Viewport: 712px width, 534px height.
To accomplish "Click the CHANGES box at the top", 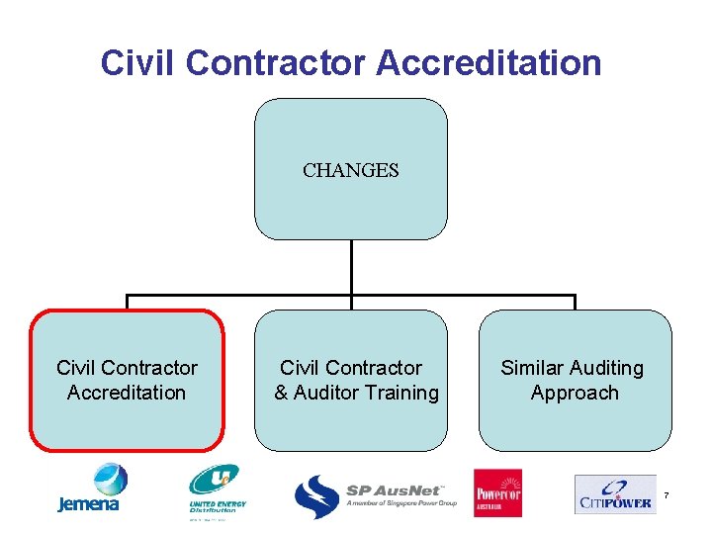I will (x=351, y=169).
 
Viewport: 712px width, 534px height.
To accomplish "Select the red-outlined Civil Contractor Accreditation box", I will (x=127, y=381).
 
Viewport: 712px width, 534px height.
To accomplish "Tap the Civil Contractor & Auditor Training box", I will (x=351, y=381).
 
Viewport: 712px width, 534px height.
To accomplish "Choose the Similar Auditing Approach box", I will (x=575, y=381).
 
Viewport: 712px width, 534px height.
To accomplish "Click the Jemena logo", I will (x=88, y=489).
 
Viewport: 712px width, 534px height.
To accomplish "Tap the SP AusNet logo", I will (x=376, y=494).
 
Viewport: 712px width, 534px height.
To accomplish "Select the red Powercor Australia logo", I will (x=497, y=492).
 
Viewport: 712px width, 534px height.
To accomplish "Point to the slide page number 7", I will (x=667, y=493).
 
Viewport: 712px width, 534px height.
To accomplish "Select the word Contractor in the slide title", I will (x=275, y=63).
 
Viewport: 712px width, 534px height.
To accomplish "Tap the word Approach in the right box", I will (x=575, y=393).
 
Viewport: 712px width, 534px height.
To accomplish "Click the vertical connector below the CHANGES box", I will (x=351, y=267).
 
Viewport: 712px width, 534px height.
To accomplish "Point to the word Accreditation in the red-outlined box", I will (x=127, y=393).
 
